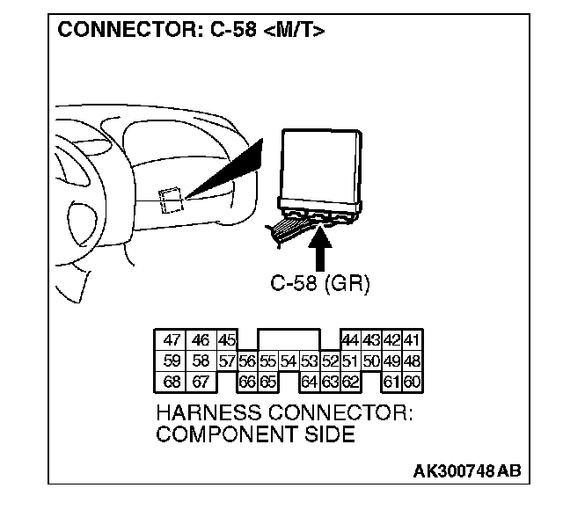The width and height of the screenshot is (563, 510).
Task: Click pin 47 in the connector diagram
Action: (172, 340)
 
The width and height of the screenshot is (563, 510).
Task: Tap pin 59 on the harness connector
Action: (172, 361)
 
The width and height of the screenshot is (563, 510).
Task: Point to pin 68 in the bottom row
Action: (172, 382)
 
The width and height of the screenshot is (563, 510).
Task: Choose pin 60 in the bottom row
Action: (413, 382)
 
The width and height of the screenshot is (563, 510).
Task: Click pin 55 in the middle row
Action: (267, 361)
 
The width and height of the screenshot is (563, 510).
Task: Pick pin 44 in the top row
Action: (349, 340)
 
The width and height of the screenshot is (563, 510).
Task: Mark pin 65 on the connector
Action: (267, 382)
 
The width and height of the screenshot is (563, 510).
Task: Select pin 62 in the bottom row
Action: (349, 382)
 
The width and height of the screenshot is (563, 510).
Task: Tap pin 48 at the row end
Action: (413, 361)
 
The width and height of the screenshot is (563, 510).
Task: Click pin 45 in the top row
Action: (227, 340)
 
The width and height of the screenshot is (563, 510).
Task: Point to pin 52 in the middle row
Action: (330, 361)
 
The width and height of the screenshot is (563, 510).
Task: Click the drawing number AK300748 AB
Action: (466, 470)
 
